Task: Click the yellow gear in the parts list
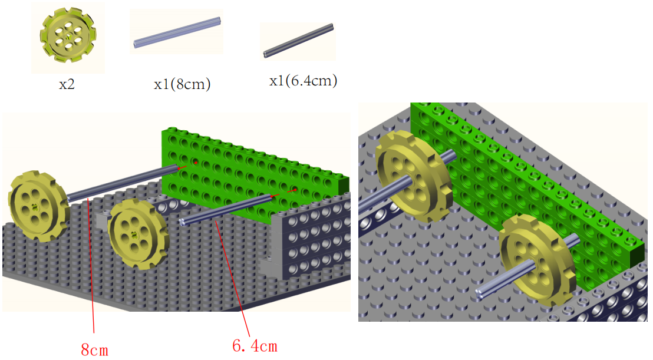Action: [68, 35]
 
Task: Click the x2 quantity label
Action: [67, 84]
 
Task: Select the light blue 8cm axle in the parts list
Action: [177, 32]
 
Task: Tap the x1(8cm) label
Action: [182, 84]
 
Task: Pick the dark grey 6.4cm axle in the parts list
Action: [298, 41]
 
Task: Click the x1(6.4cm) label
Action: [303, 80]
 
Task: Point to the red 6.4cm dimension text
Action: [255, 346]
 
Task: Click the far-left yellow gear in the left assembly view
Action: [38, 206]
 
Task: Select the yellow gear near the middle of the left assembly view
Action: [137, 234]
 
